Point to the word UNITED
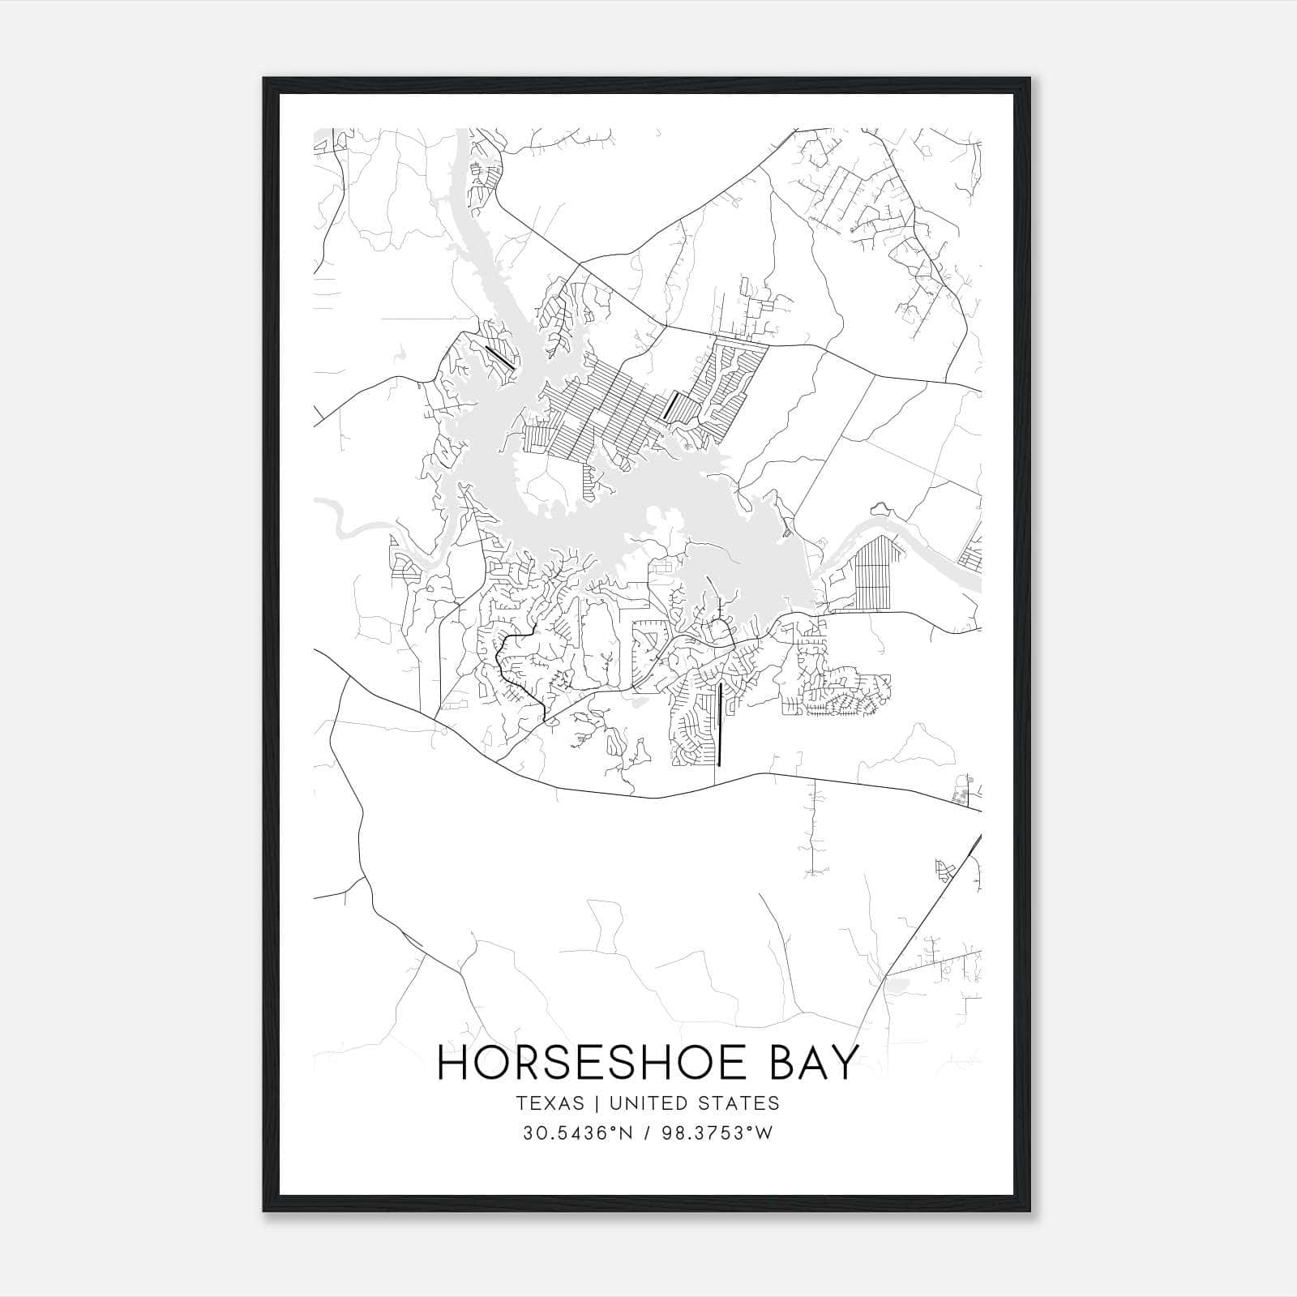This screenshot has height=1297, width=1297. [x=645, y=1103]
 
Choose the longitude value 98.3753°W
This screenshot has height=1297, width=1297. [x=718, y=1133]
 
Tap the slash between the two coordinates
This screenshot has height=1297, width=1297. [x=646, y=1133]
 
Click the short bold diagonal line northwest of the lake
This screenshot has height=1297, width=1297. [x=499, y=357]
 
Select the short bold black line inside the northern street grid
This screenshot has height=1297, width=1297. [x=670, y=405]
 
